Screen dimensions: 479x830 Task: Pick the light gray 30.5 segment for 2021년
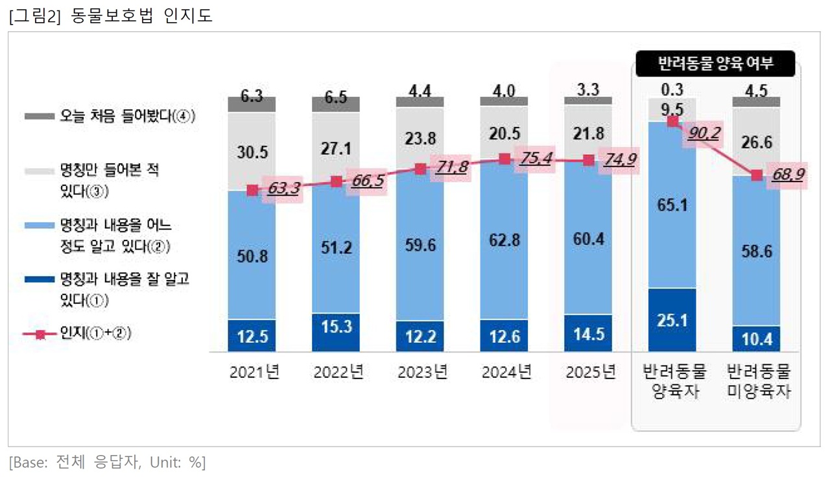pyautogui.click(x=252, y=152)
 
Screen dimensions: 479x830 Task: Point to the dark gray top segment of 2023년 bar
pyautogui.click(x=420, y=102)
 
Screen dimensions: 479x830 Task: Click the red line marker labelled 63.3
pyautogui.click(x=252, y=191)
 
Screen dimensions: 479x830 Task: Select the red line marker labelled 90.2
pyautogui.click(x=672, y=121)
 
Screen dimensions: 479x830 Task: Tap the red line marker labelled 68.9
pyautogui.click(x=756, y=176)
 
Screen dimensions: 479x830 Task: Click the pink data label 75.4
pyautogui.click(x=534, y=159)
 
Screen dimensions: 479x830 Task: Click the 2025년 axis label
pyautogui.click(x=589, y=373)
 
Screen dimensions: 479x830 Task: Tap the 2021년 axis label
pyautogui.click(x=254, y=373)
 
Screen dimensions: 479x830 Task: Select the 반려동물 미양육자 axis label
pyautogui.click(x=758, y=382)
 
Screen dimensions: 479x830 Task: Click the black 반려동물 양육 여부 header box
pyautogui.click(x=716, y=64)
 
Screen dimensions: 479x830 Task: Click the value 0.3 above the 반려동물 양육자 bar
pyautogui.click(x=672, y=89)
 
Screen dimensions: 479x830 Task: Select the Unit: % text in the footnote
pyautogui.click(x=177, y=462)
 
